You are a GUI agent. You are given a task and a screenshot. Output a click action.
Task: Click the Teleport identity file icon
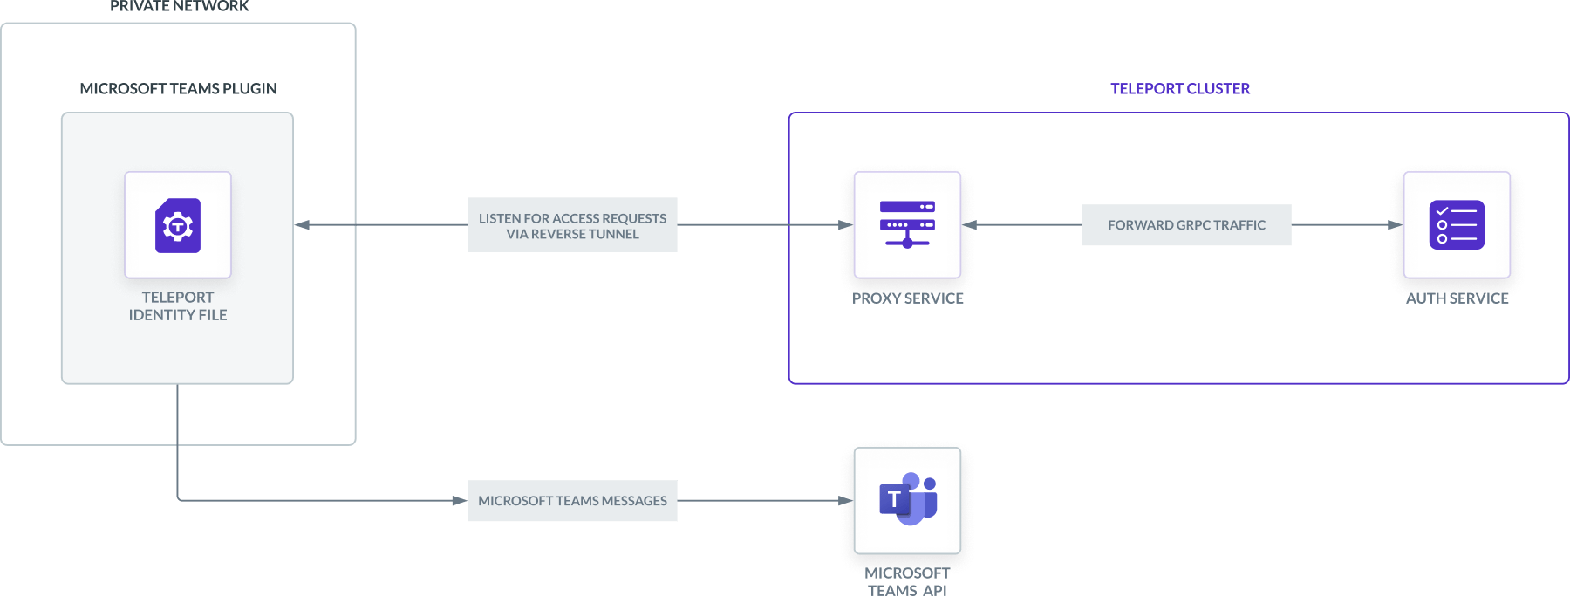click(x=178, y=225)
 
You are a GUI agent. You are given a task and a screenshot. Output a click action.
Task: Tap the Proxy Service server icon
click(x=907, y=225)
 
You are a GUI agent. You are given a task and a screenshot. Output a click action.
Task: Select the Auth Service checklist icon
click(x=1457, y=225)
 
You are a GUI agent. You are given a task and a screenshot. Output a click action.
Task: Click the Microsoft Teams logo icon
click(x=907, y=500)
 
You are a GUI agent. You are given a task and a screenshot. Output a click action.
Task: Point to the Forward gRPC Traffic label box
click(x=1186, y=225)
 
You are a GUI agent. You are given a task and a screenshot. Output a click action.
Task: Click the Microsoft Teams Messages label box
click(x=572, y=501)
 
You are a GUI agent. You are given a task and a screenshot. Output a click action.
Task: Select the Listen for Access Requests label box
click(x=572, y=225)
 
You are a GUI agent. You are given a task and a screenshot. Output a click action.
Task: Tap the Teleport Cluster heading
click(x=1179, y=89)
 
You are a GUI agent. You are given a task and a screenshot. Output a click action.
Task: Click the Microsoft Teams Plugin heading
click(x=178, y=89)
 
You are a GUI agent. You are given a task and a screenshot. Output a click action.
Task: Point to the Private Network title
click(x=180, y=7)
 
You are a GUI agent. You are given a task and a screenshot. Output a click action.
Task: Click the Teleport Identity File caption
click(x=178, y=306)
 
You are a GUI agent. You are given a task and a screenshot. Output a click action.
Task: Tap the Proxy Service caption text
click(x=907, y=298)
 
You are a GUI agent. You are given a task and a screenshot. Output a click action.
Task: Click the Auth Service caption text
click(x=1457, y=298)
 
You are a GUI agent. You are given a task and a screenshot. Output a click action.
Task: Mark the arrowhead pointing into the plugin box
click(x=303, y=225)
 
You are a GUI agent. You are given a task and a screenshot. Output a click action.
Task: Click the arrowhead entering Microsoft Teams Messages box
click(x=459, y=501)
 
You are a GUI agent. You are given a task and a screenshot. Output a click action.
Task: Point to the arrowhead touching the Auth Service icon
click(x=1396, y=225)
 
